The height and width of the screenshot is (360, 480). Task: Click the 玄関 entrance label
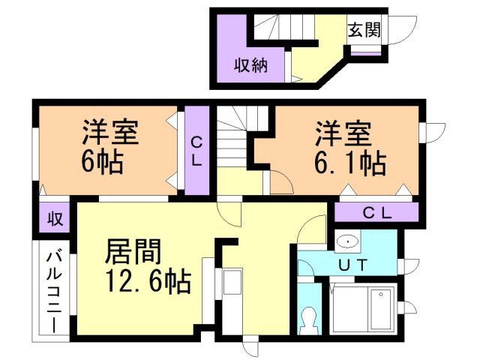[x=364, y=30]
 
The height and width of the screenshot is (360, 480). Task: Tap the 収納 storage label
[x=251, y=65]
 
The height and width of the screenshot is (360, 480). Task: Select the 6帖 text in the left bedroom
[x=102, y=162]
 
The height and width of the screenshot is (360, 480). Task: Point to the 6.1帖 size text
[x=350, y=163]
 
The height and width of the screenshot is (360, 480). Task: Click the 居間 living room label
[x=133, y=252]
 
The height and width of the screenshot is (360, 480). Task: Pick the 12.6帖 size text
[x=148, y=282]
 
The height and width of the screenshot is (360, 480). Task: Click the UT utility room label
[x=353, y=265]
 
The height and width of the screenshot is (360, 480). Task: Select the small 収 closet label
[x=55, y=218]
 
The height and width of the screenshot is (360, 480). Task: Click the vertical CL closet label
[x=196, y=151]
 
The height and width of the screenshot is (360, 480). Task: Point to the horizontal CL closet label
[x=377, y=213]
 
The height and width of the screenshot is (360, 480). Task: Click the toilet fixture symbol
[x=308, y=321]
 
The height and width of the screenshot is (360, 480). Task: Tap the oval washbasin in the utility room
[x=348, y=241]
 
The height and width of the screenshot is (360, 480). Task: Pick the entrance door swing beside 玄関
[x=403, y=30]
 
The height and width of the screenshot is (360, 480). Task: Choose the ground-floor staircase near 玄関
[x=284, y=27]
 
